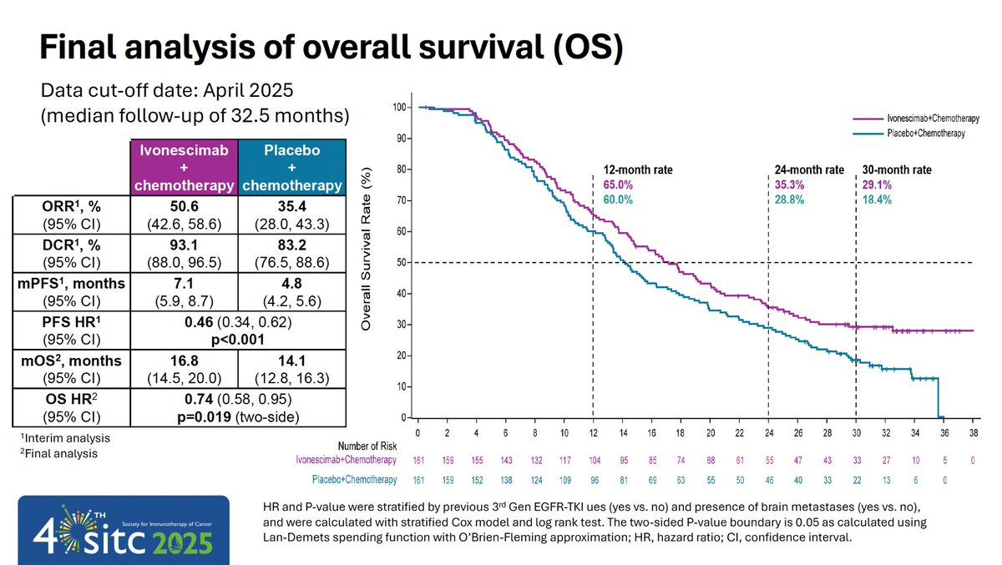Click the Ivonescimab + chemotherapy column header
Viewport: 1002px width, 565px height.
tap(184, 169)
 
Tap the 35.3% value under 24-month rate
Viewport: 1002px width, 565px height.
tap(790, 184)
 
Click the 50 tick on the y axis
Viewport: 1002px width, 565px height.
tap(402, 263)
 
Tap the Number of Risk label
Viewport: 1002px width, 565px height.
tap(365, 446)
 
